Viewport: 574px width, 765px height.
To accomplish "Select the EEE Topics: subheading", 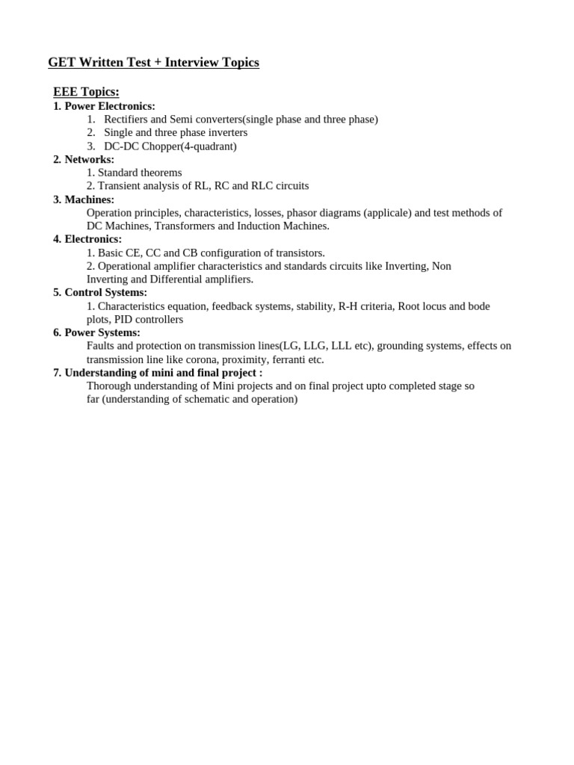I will point(86,92).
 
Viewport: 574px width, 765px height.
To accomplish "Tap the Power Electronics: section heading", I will point(110,106).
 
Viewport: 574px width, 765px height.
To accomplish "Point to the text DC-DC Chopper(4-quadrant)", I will point(170,146).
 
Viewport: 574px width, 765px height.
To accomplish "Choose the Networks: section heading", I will point(89,159).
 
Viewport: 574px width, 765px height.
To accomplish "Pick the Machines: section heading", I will point(89,199).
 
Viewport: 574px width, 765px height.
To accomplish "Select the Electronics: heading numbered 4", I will point(93,239).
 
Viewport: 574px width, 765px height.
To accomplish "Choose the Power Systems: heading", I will point(102,332).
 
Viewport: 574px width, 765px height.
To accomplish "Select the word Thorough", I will point(108,386).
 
